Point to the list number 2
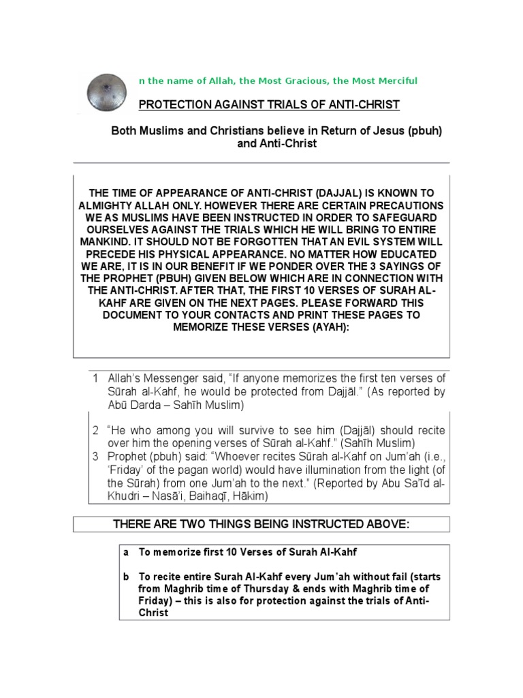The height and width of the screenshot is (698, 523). (x=96, y=431)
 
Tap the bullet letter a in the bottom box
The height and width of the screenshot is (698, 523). (x=126, y=553)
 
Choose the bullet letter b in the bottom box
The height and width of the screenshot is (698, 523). (x=126, y=577)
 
